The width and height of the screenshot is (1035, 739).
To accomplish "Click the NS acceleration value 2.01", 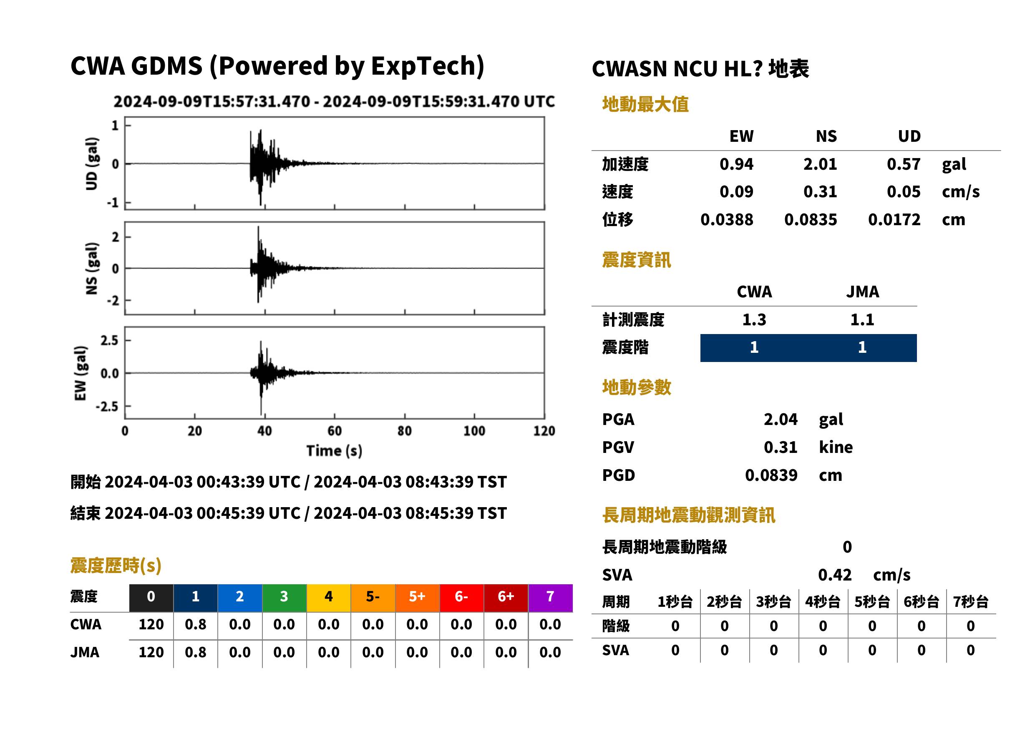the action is pos(820,164).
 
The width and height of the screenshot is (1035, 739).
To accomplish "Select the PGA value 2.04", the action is pos(781,419).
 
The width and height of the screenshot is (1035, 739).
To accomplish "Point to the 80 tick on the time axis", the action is pos(404,431).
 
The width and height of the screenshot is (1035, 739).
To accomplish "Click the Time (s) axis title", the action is pos(335,451).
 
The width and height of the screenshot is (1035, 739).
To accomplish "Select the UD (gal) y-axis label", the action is pos(91,163).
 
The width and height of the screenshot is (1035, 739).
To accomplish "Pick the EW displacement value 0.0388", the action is pos(727,220).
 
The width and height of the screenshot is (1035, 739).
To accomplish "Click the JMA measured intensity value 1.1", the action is pos(862,320).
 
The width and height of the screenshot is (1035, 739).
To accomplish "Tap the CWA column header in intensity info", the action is pos(754,292).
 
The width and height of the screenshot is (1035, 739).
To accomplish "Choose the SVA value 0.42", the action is pos(835,575).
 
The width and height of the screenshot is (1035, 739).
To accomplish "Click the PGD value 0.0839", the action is pos(771,475).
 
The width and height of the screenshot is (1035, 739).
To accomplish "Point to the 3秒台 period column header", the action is pos(773,602).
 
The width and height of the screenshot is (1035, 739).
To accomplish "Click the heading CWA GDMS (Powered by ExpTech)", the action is pos(277,66).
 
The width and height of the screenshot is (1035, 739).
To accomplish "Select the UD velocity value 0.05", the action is pos(904,192).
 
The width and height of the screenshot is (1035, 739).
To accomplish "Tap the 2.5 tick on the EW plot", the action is pos(109,340).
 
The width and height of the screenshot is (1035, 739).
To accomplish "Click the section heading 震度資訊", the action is pos(636,260).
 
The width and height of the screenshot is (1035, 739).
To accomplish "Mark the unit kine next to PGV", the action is pos(836,447).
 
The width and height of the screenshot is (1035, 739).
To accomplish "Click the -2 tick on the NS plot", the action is pos(113,301).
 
